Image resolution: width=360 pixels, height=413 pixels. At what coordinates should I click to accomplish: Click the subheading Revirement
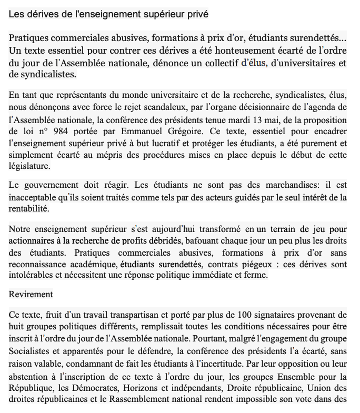point(31,294)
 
